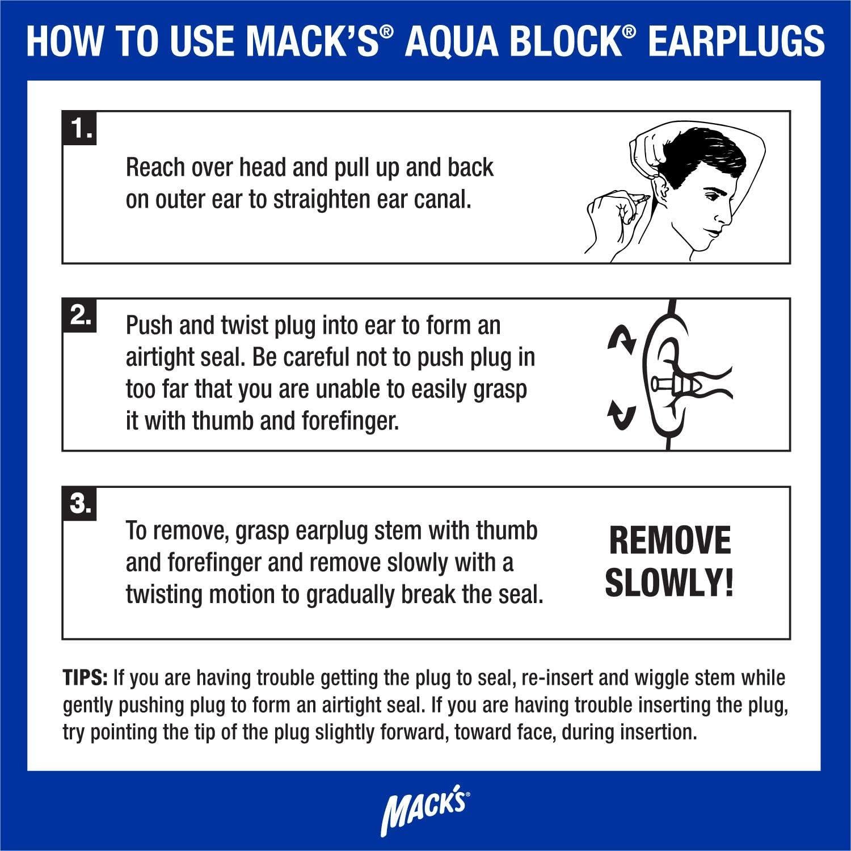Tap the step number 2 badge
click(80, 316)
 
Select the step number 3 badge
click(80, 504)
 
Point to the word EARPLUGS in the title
click(736, 40)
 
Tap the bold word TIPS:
click(86, 677)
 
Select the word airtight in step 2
click(165, 357)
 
